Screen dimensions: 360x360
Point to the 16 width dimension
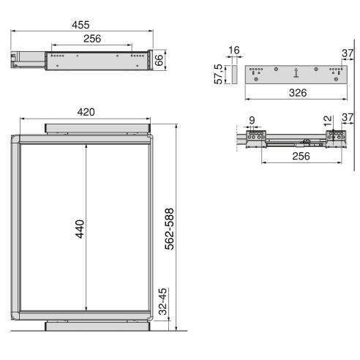click(x=233, y=50)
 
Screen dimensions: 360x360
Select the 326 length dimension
click(x=296, y=93)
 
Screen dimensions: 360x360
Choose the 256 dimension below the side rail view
click(x=296, y=156)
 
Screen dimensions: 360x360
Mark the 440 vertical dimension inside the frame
click(x=80, y=228)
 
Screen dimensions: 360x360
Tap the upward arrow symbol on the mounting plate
click(x=295, y=72)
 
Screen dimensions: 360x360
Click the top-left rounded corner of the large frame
click(x=15, y=140)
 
